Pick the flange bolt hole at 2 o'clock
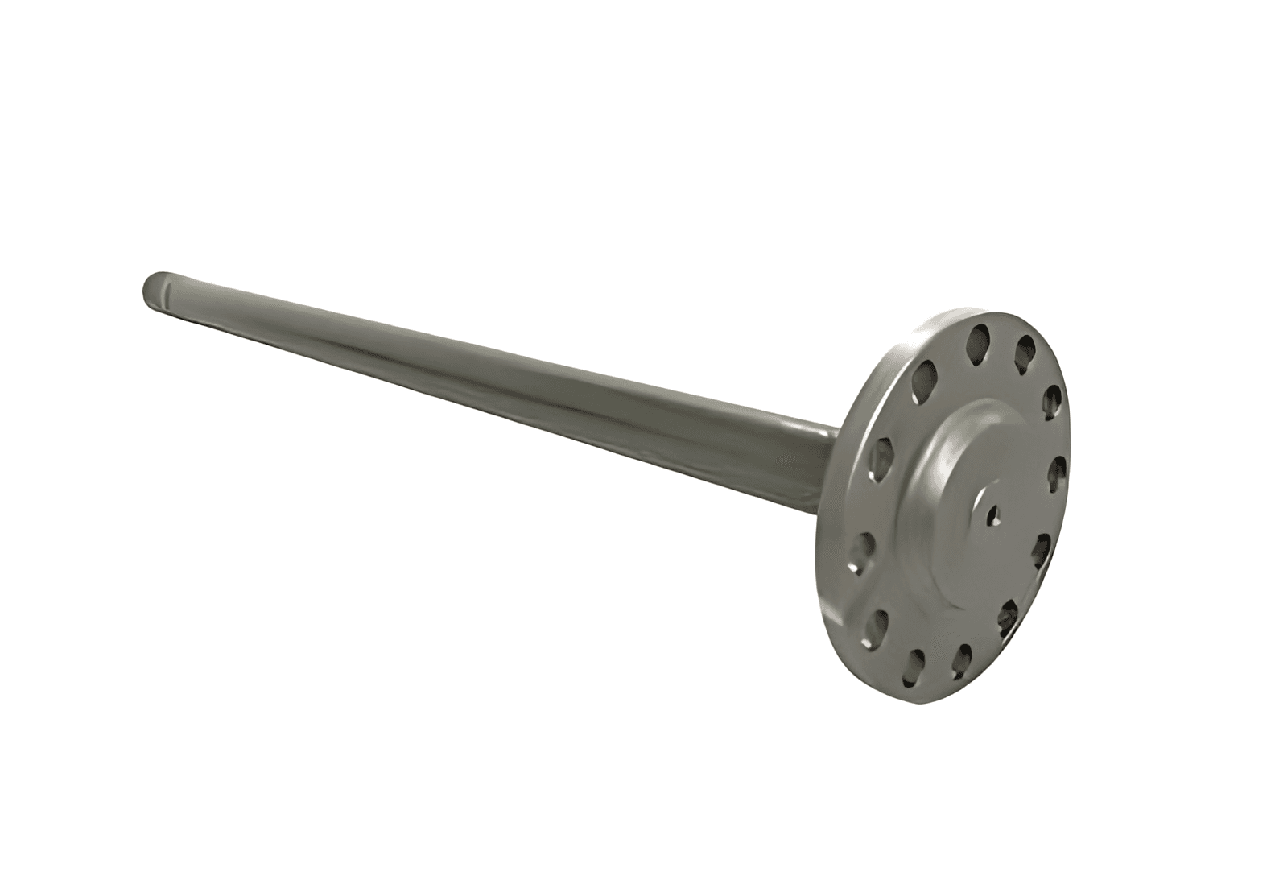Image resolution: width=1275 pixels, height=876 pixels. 1054,400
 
